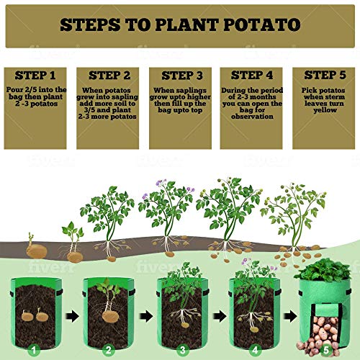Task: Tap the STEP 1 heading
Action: pos(35,75)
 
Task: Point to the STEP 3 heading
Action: pos(180,75)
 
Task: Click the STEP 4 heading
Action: pos(251,75)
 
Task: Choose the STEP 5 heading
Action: pos(324,75)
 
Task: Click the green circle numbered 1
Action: pos(32,351)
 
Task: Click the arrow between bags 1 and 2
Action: pos(72,315)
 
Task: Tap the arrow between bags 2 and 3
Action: pos(144,315)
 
